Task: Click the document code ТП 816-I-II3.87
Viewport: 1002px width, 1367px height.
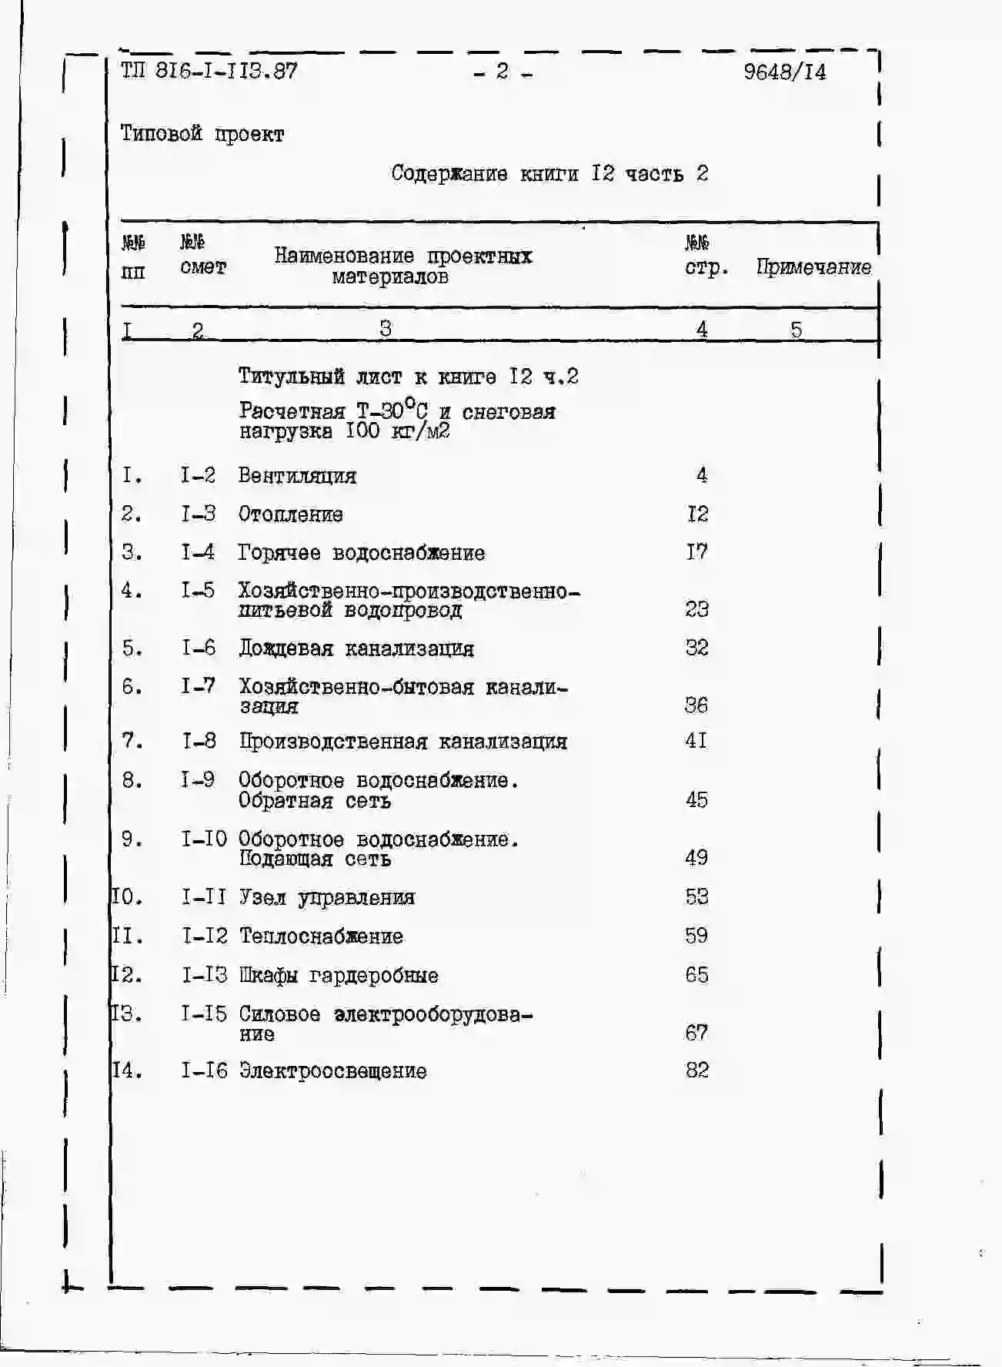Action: pos(209,72)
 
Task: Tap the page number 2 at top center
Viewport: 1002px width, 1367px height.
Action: pos(503,72)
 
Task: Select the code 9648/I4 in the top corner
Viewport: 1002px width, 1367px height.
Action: pos(784,72)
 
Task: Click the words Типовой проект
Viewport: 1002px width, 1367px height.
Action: pos(202,134)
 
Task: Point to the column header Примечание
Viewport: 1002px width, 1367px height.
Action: pos(813,267)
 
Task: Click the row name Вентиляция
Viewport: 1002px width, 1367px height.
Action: pos(297,476)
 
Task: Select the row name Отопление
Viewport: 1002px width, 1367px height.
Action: pos(290,514)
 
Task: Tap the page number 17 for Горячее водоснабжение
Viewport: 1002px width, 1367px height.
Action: pos(696,552)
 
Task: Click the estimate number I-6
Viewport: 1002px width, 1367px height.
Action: pos(198,648)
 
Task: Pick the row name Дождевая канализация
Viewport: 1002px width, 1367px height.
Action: pos(356,649)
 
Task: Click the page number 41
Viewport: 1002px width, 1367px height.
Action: pos(696,741)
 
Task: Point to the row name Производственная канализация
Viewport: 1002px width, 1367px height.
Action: pos(402,742)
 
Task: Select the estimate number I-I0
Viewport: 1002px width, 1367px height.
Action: pos(204,839)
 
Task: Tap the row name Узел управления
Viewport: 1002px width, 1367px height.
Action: pos(326,898)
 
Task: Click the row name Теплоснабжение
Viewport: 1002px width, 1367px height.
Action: pos(321,936)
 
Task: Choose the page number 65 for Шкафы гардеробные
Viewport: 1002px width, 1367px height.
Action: pos(696,975)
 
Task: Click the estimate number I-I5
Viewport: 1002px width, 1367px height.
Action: pos(204,1014)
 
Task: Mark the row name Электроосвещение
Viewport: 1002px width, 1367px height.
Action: pos(332,1071)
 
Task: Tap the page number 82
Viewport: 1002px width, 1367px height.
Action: pos(696,1070)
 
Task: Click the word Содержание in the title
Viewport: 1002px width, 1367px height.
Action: pos(449,173)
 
